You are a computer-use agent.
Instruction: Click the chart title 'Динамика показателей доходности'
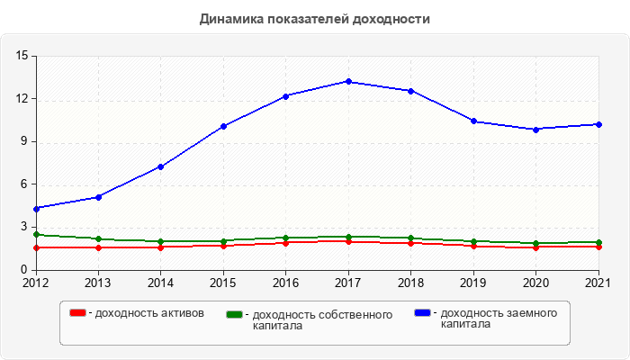(315, 19)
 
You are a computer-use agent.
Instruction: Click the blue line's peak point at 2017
(348, 81)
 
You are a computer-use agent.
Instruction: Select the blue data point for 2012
(36, 209)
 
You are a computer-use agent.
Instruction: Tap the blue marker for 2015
(223, 126)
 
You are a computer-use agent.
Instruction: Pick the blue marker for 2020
(536, 130)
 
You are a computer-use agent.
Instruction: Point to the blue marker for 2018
(411, 91)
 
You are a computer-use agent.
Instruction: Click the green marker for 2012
(36, 234)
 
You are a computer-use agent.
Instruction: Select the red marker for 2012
(36, 247)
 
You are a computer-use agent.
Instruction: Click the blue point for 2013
(98, 197)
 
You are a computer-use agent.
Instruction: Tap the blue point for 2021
(598, 124)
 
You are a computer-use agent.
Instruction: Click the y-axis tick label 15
(22, 56)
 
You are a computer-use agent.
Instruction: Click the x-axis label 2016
(286, 283)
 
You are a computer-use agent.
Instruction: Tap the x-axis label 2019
(473, 283)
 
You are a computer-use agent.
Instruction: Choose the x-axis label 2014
(161, 283)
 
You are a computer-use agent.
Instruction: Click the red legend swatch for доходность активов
(78, 313)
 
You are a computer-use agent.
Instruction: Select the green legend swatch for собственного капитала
(235, 314)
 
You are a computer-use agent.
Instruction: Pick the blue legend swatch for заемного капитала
(422, 312)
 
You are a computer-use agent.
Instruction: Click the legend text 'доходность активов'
(149, 313)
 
